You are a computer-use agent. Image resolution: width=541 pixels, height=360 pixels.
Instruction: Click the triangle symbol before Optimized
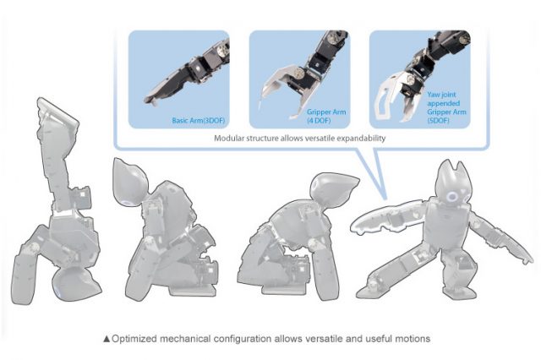pyautogui.click(x=106, y=339)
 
